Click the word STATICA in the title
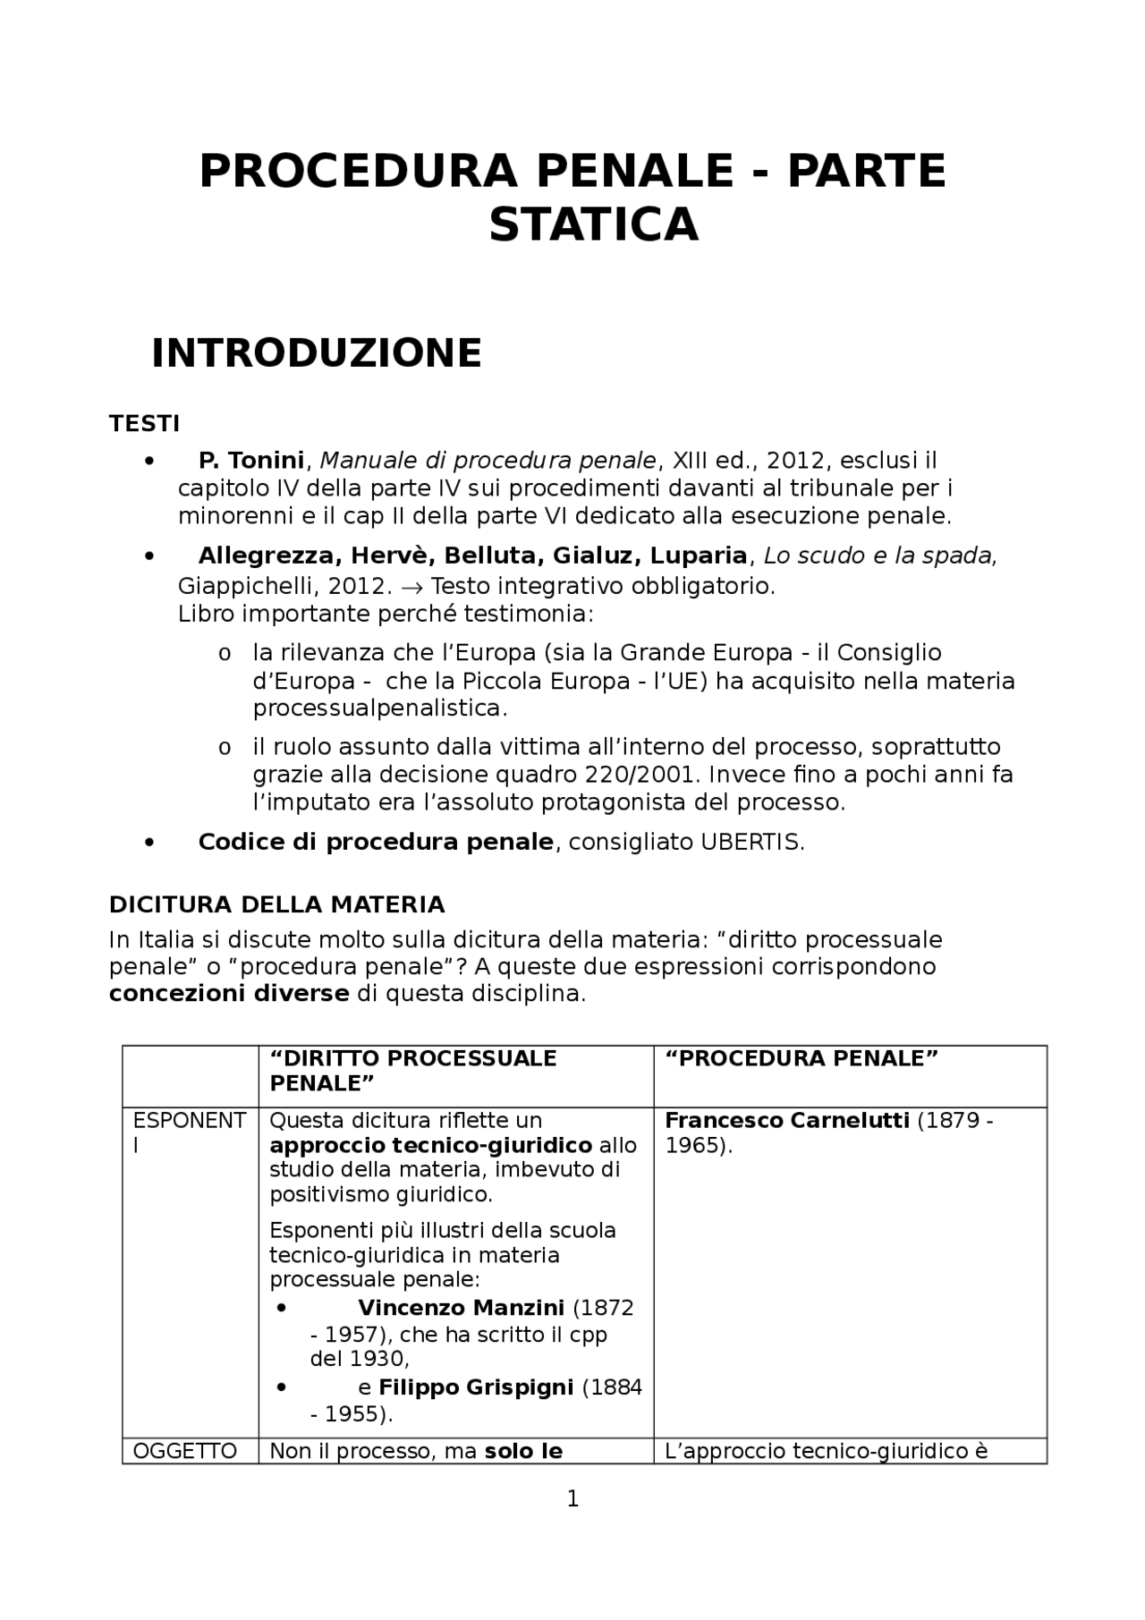coord(593,225)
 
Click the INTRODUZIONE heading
coord(317,353)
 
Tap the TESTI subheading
coord(144,423)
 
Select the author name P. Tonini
coord(251,461)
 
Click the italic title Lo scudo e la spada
coord(880,556)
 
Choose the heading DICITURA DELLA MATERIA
coord(276,904)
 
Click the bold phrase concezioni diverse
coord(229,994)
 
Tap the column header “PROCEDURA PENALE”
coord(801,1058)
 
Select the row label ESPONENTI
coord(189,1121)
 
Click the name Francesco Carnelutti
coord(787,1121)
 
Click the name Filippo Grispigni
coord(476,1387)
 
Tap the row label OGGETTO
coord(185,1451)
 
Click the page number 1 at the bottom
coord(572,1498)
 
